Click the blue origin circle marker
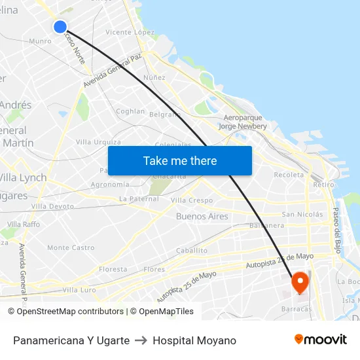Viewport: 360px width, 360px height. pyautogui.click(x=60, y=27)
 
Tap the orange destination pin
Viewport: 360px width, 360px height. pyautogui.click(x=300, y=282)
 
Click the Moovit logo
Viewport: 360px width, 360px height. pyautogui.click(x=321, y=340)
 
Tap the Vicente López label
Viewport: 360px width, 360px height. pyautogui.click(x=130, y=32)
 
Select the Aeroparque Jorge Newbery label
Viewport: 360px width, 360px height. pyautogui.click(x=242, y=122)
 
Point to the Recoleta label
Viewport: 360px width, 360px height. pyautogui.click(x=289, y=175)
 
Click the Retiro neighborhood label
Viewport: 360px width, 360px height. pyautogui.click(x=323, y=185)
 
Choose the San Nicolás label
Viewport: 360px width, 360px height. pyautogui.click(x=302, y=214)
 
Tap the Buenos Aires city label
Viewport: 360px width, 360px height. pyautogui.click(x=202, y=216)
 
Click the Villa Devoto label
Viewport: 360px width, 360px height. pyautogui.click(x=53, y=206)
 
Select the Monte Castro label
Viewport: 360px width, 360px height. pyautogui.click(x=71, y=248)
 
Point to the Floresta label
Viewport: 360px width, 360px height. pyautogui.click(x=113, y=269)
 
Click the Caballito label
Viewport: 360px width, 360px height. pyautogui.click(x=192, y=250)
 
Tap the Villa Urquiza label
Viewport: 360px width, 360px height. pyautogui.click(x=98, y=142)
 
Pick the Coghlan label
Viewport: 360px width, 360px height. pyautogui.click(x=130, y=111)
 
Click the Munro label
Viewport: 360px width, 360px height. pyautogui.click(x=40, y=41)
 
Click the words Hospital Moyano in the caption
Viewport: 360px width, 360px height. pyautogui.click(x=194, y=340)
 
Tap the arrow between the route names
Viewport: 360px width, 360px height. pyautogui.click(x=141, y=340)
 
